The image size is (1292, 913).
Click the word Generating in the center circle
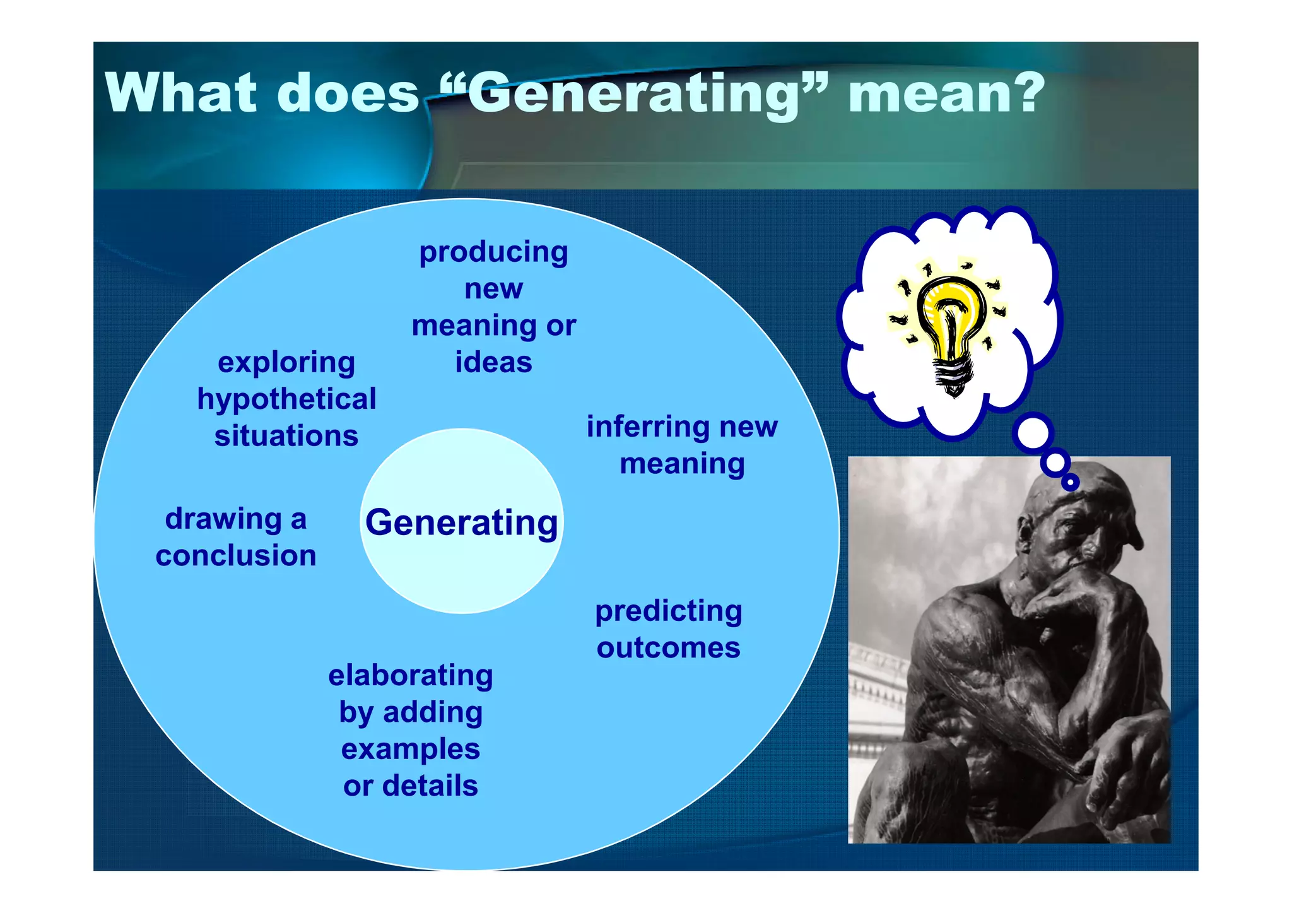(462, 523)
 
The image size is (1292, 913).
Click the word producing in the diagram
(493, 252)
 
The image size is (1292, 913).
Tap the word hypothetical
(286, 399)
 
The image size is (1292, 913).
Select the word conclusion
(236, 556)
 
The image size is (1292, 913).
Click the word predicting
(669, 611)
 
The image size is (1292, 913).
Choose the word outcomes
(669, 648)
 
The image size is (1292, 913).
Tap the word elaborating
(411, 675)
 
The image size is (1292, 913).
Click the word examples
(411, 750)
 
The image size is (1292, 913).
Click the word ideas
(493, 363)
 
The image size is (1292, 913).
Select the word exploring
(286, 363)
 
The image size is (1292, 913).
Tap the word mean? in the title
(946, 93)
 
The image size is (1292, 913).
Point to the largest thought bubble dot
(1033, 434)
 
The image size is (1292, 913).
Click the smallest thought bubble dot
(1070, 483)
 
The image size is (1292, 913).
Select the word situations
(286, 437)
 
